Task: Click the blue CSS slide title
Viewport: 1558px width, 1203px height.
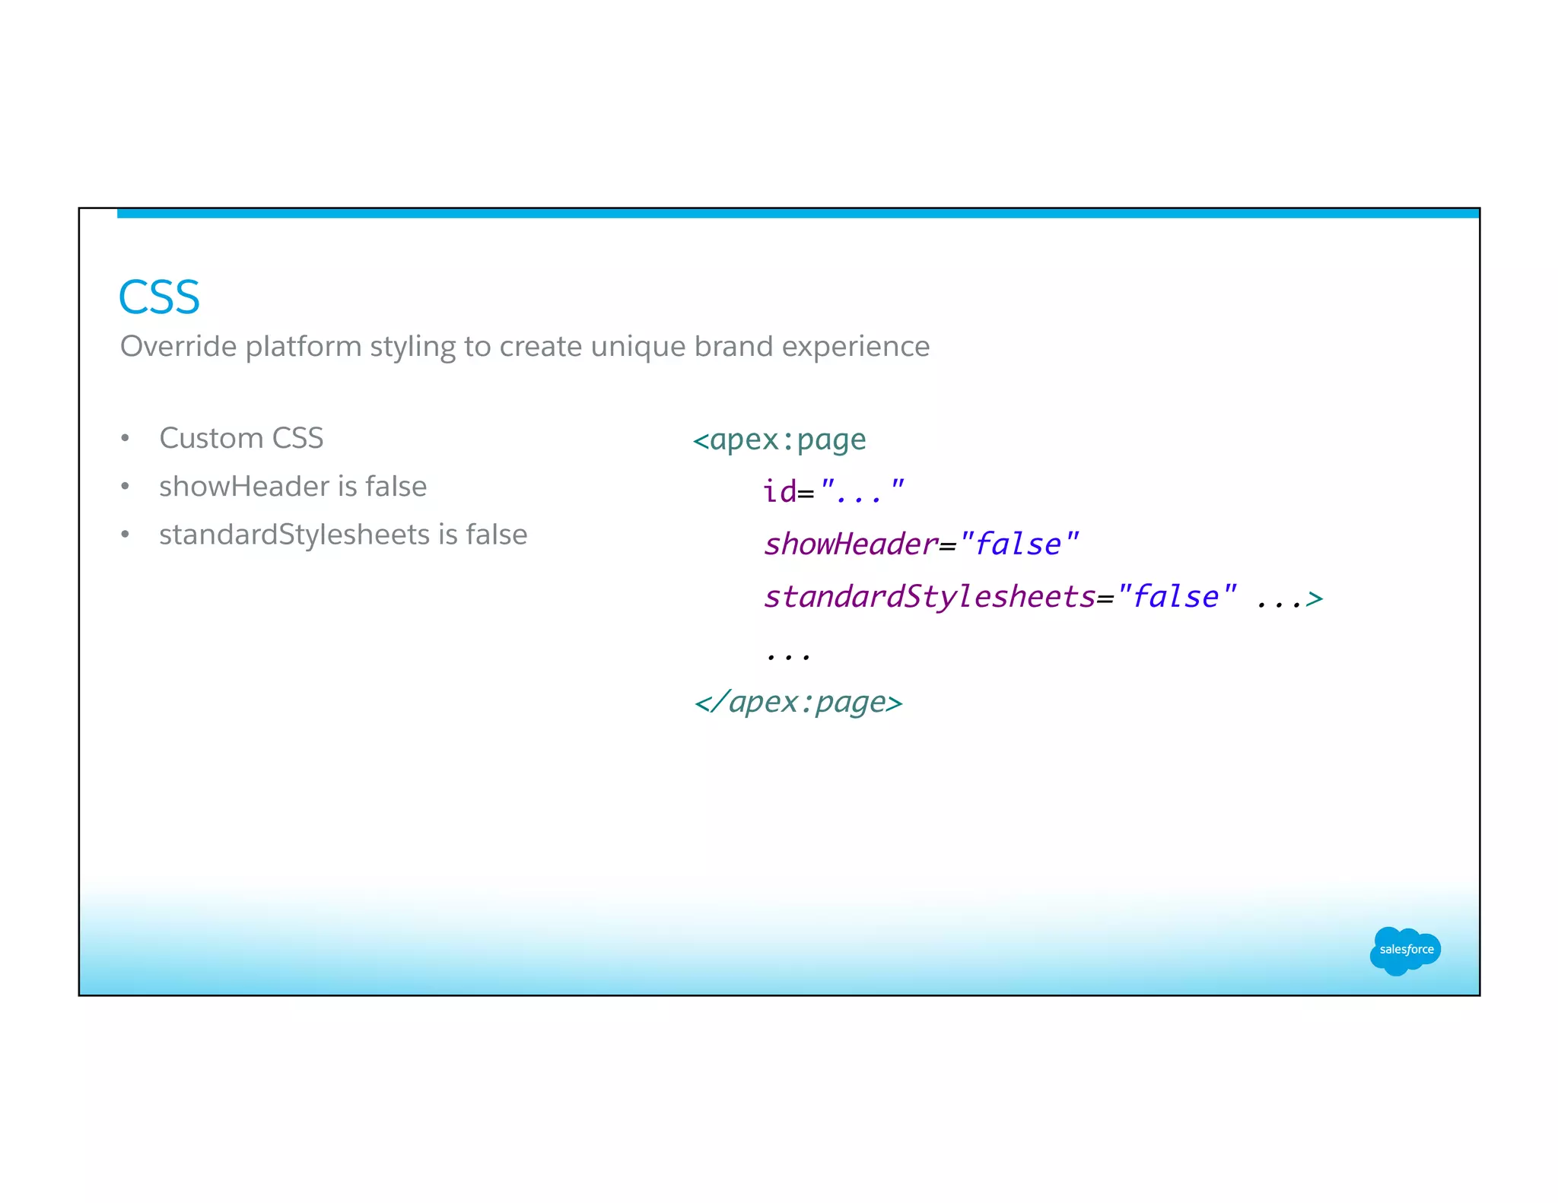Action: tap(159, 297)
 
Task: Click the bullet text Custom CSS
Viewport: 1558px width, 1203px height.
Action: tap(241, 439)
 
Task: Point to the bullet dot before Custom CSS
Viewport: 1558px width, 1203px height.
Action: tap(126, 439)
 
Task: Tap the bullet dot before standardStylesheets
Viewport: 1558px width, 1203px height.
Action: tap(126, 535)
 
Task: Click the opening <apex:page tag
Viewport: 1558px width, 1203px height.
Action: tap(780, 440)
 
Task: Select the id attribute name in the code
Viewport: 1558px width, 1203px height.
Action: tap(780, 492)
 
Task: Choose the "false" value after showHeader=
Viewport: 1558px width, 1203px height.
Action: tap(1019, 544)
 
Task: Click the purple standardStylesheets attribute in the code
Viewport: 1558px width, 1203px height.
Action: tap(930, 597)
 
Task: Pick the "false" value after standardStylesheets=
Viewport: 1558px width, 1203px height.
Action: tap(1176, 597)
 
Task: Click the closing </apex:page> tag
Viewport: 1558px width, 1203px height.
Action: tap(798, 702)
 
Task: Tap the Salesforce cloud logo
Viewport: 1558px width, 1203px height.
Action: tap(1405, 950)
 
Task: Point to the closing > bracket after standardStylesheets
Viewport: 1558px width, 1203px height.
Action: tap(1315, 599)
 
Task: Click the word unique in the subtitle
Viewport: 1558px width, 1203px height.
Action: tap(638, 347)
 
